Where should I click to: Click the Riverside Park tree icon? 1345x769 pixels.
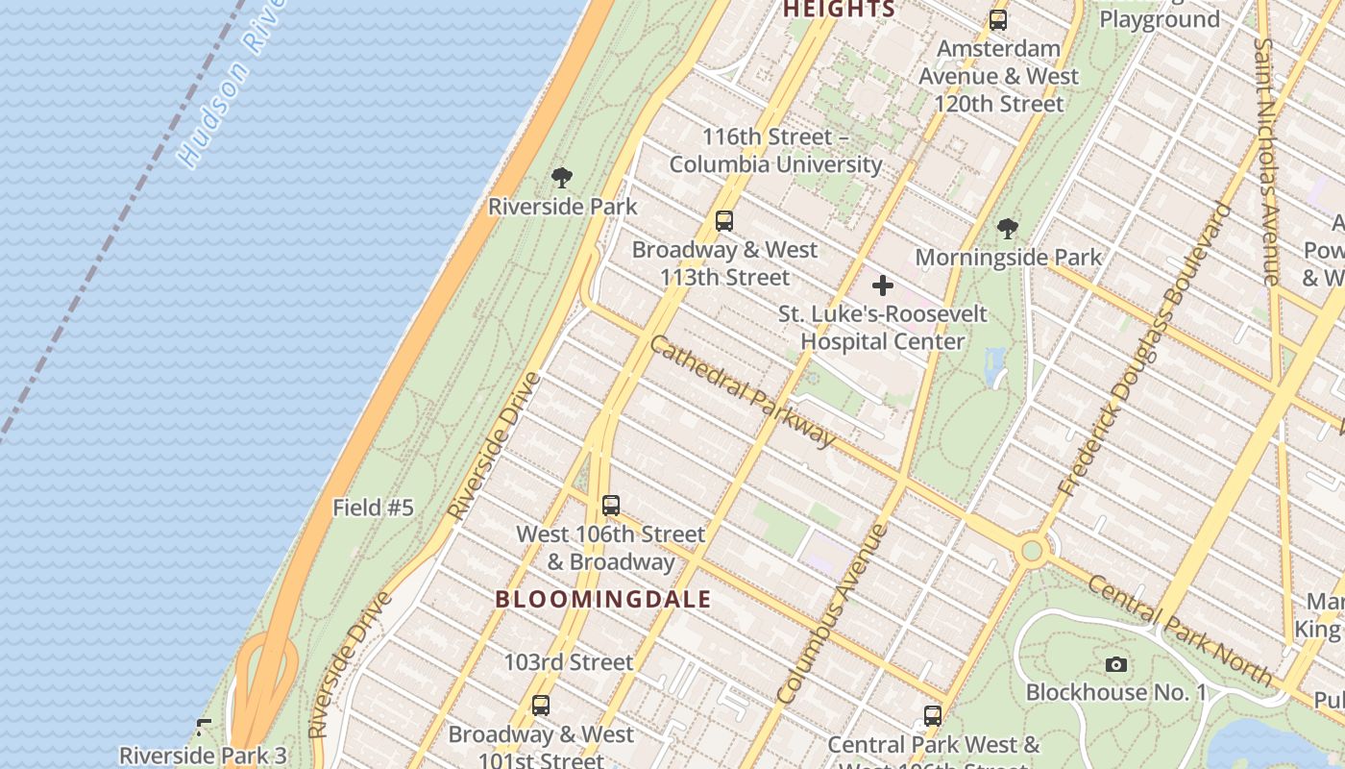click(x=562, y=178)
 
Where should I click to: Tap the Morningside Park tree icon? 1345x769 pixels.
click(x=1007, y=229)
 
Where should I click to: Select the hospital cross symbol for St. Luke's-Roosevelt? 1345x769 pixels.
click(x=882, y=285)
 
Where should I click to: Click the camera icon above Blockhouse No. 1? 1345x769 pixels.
click(x=1115, y=664)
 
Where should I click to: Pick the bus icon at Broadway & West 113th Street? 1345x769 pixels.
click(x=724, y=221)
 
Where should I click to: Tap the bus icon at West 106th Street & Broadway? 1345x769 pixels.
click(x=610, y=506)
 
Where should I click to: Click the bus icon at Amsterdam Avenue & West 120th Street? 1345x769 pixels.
click(x=998, y=20)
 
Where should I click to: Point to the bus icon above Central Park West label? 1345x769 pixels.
click(x=932, y=716)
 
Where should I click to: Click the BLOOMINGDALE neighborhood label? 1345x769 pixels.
click(x=603, y=599)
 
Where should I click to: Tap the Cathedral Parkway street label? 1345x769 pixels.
click(x=743, y=389)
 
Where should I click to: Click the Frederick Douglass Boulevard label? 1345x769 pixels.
click(x=1143, y=351)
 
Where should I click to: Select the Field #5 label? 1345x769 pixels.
click(x=373, y=508)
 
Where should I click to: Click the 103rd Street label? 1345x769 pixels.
click(x=569, y=662)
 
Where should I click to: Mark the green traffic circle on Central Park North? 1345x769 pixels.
click(x=1032, y=551)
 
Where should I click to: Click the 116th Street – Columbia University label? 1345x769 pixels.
click(x=775, y=151)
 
